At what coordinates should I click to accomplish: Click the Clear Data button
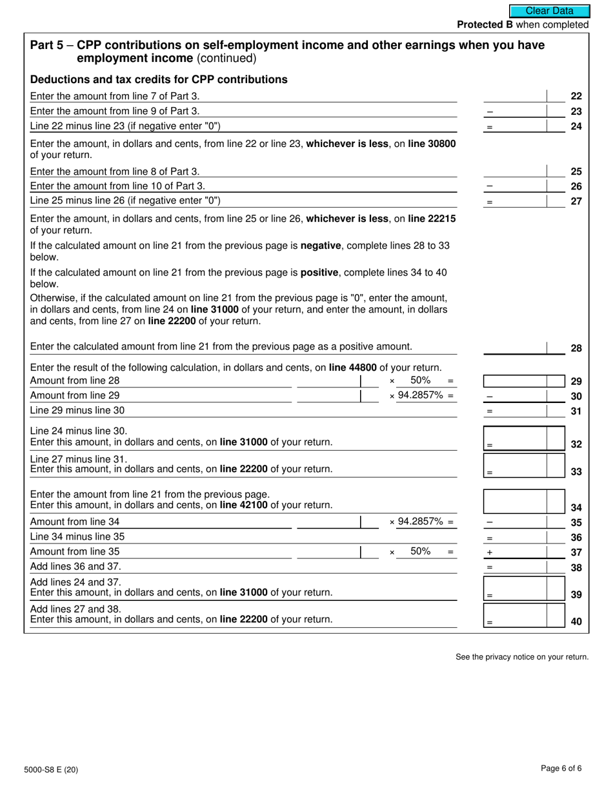click(549, 11)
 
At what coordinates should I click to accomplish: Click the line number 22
click(576, 96)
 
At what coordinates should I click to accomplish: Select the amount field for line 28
click(523, 348)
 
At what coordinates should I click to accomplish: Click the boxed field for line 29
click(523, 381)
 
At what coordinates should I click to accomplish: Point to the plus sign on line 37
click(490, 553)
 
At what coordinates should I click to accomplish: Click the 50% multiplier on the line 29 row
click(420, 380)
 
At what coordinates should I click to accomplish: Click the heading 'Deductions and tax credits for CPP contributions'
click(159, 79)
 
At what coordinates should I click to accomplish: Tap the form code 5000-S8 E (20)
click(55, 769)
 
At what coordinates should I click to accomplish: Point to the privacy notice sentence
click(522, 657)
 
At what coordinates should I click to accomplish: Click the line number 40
click(576, 621)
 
